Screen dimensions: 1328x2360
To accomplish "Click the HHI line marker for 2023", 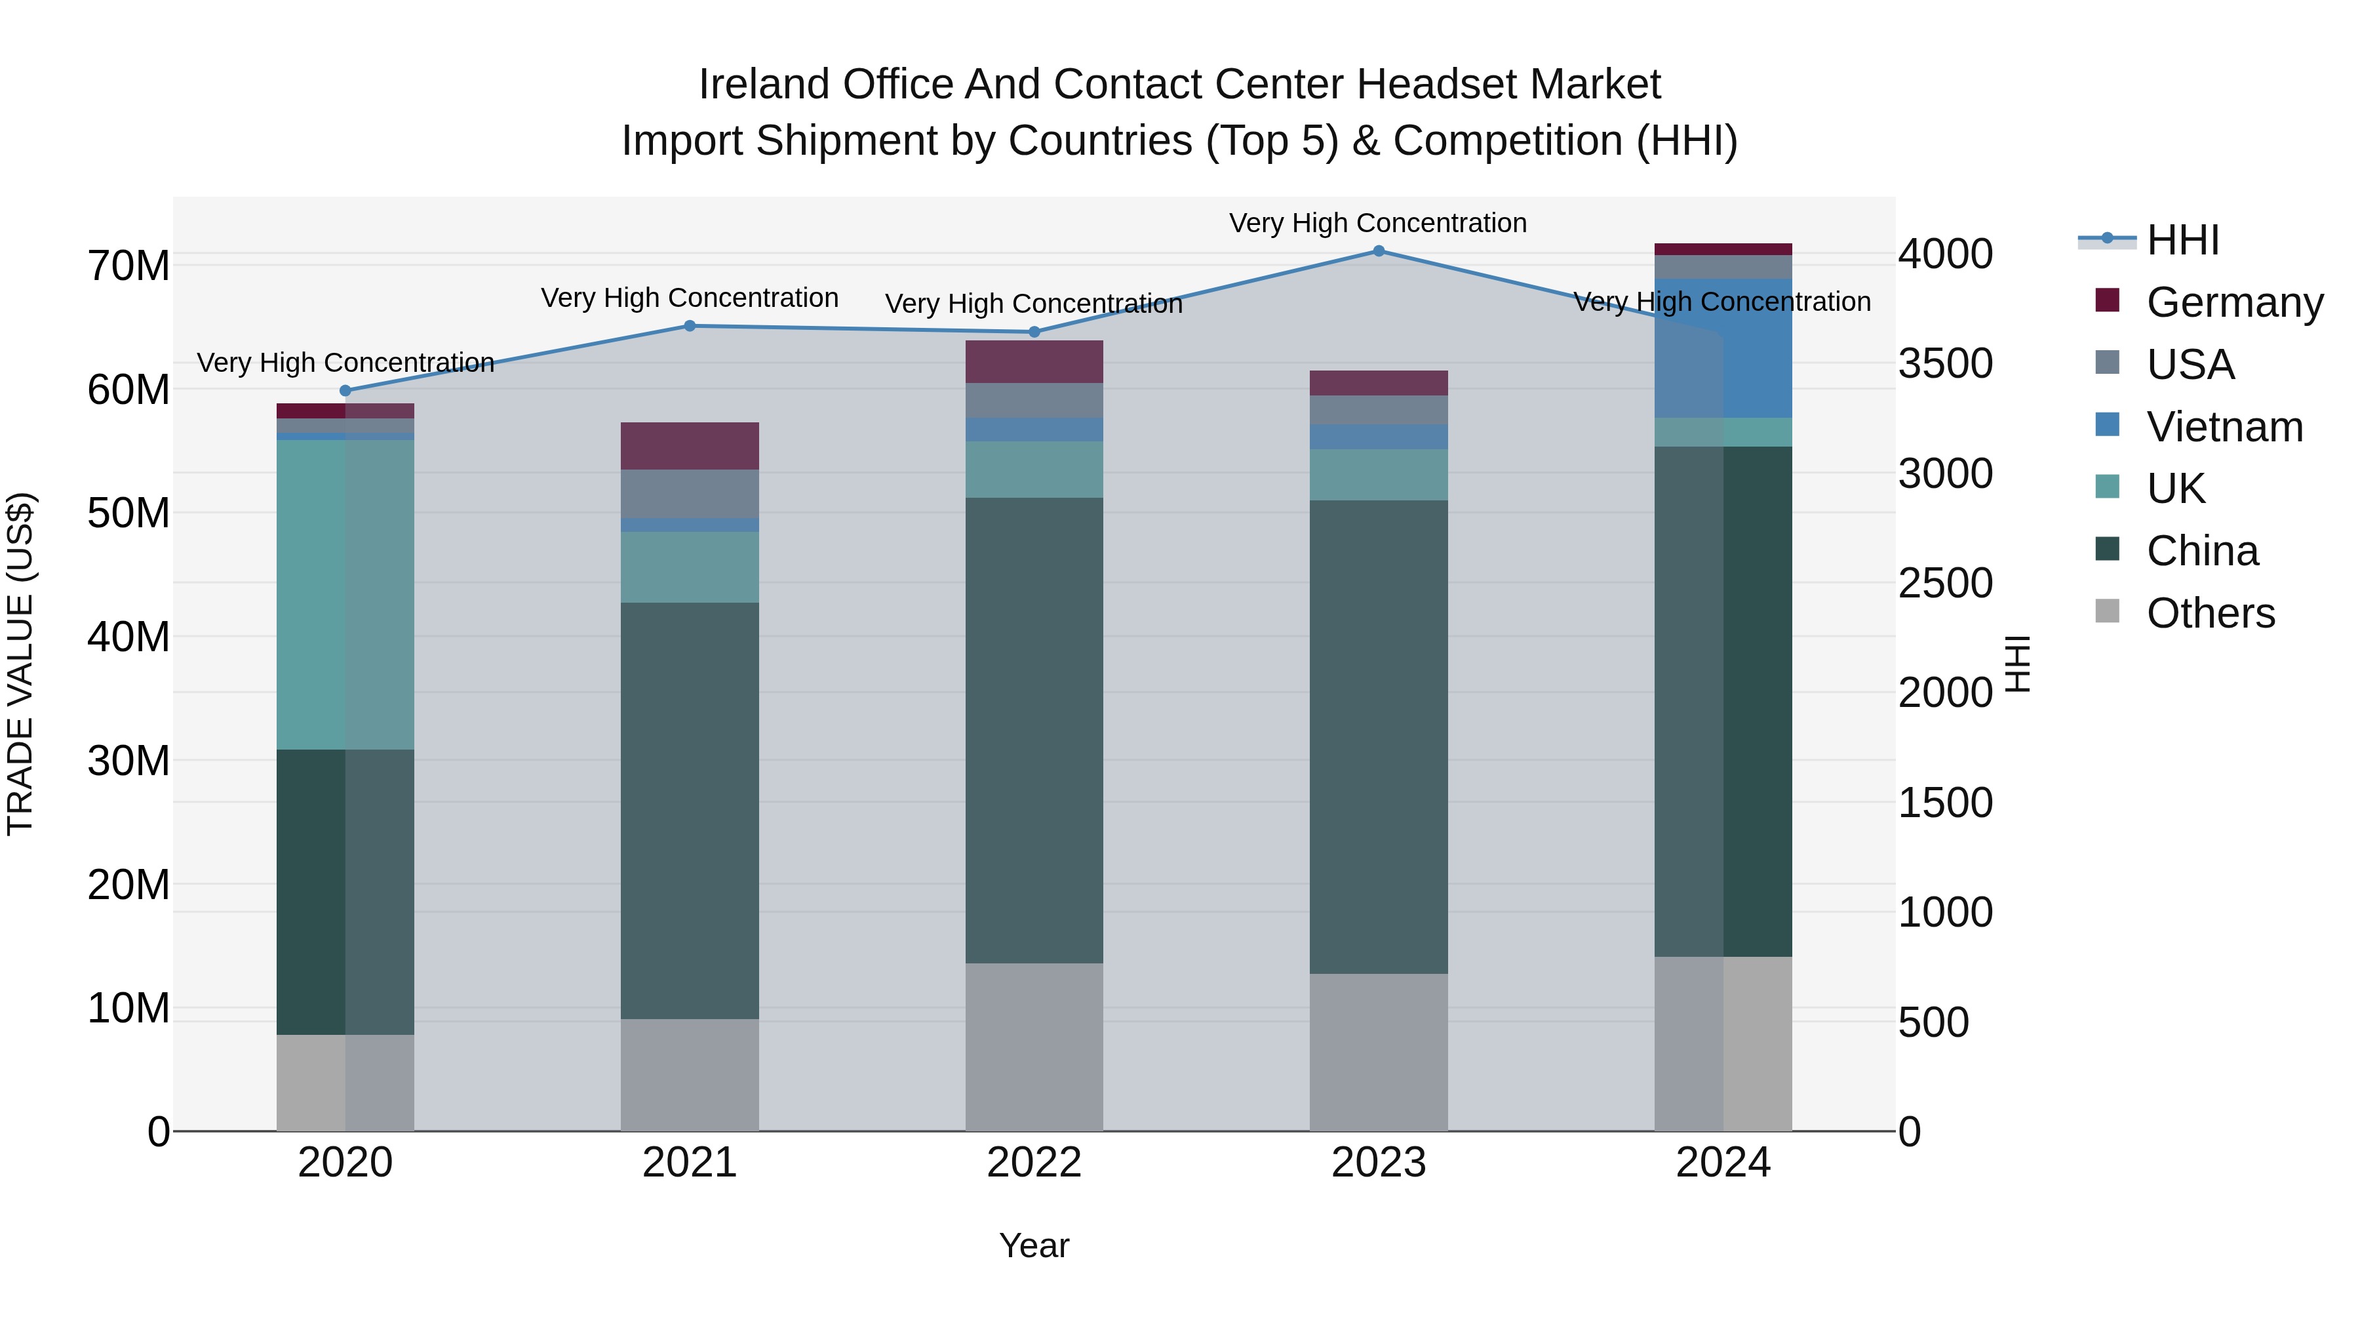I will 1378,251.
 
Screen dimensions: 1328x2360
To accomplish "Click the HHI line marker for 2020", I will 345,390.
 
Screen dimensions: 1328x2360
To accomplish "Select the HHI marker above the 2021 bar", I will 690,325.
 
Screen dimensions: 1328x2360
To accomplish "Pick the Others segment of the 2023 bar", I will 1378,1051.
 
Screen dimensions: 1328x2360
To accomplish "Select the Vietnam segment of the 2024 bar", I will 1722,348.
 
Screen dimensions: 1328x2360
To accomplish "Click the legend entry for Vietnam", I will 2224,427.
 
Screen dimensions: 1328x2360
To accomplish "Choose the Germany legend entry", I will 2233,302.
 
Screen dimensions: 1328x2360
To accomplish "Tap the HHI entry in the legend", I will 2182,240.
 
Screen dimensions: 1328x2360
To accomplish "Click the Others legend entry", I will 2210,613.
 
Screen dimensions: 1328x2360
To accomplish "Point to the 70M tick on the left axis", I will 128,267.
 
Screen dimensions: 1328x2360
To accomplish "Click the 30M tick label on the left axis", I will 128,761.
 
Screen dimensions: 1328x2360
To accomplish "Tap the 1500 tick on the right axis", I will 1945,803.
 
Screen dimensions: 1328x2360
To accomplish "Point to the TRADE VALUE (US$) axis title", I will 20,664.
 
